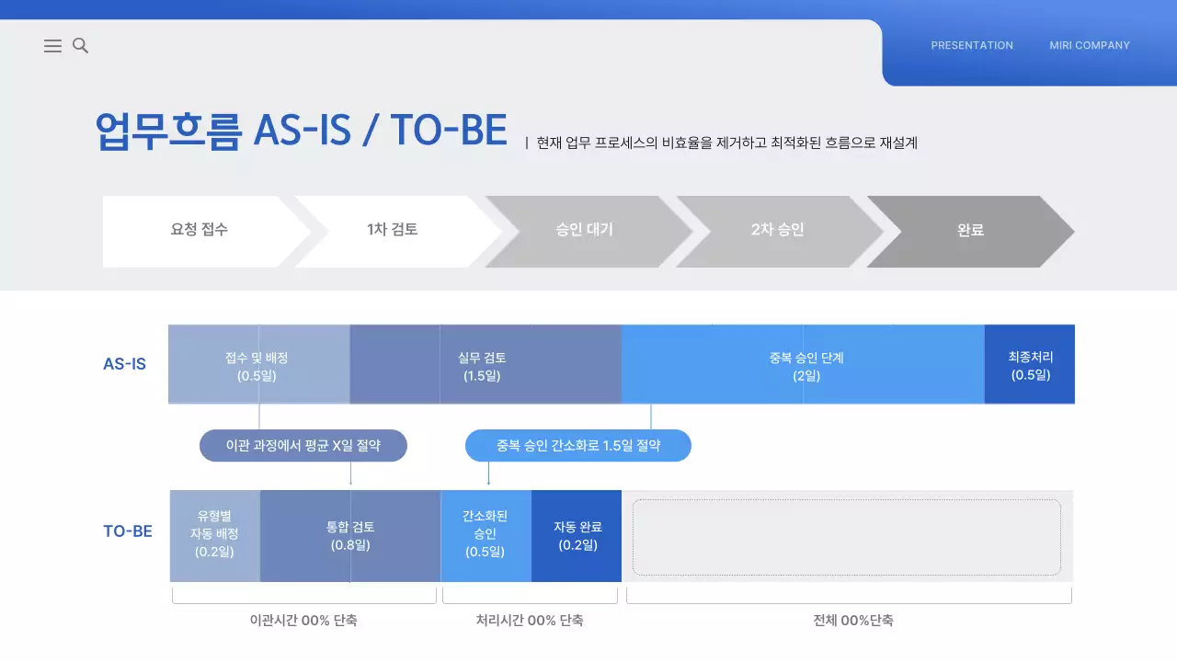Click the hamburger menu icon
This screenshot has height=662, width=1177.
coord(52,46)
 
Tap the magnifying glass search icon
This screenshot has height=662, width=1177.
coord(80,45)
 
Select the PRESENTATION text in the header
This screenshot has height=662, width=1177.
coord(972,45)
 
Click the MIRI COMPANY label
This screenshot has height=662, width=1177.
coord(1090,45)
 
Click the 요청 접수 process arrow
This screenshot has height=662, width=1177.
coord(200,230)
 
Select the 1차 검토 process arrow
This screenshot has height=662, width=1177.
coord(393,230)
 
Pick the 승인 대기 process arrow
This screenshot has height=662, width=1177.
coord(585,230)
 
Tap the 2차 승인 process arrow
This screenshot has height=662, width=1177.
coord(777,230)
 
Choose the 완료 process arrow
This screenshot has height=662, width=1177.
coord(970,230)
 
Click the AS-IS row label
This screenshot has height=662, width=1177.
coord(124,364)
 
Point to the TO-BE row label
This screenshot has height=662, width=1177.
coord(128,531)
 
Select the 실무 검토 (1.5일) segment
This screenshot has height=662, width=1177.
coord(485,365)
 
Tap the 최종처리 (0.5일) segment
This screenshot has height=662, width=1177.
coord(1030,365)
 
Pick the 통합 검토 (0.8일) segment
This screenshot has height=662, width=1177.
coord(350,536)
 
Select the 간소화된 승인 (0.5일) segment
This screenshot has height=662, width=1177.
coord(486,534)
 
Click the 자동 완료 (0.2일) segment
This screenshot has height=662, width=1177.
coord(577,536)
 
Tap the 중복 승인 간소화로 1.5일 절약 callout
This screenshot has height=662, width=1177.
coord(577,446)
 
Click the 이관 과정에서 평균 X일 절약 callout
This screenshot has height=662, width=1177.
coord(303,446)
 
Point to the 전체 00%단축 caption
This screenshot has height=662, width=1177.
coord(852,621)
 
